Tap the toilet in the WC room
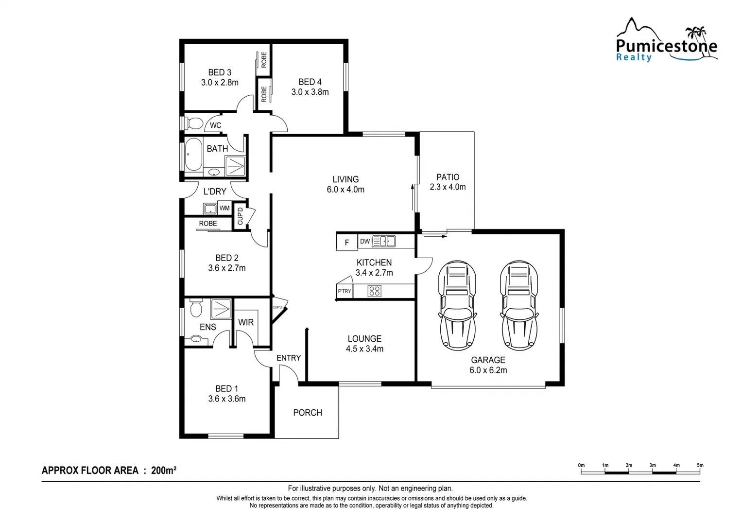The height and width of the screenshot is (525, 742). click(x=193, y=123)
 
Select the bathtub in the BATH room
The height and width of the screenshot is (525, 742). click(x=193, y=155)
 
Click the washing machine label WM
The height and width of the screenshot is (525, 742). click(x=224, y=208)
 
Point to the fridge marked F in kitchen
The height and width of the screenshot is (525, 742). click(x=346, y=242)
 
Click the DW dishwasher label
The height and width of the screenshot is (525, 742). click(x=365, y=241)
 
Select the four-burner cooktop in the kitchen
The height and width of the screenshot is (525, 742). click(x=374, y=291)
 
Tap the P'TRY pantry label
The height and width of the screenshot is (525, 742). click(x=344, y=291)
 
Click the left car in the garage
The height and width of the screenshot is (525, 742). click(x=457, y=305)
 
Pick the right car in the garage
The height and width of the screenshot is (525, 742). click(x=519, y=305)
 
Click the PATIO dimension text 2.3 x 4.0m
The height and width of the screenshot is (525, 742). click(x=448, y=187)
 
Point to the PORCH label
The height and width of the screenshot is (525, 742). click(x=308, y=413)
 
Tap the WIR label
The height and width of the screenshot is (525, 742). click(x=246, y=322)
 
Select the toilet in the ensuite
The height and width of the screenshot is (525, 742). click(x=196, y=308)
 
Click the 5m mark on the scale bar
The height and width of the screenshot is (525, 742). click(x=700, y=466)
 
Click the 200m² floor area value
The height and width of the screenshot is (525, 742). click(x=164, y=470)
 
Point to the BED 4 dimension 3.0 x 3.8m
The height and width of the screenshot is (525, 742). click(x=310, y=92)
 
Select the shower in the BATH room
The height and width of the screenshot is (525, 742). click(x=236, y=166)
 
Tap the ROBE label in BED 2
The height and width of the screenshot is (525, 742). click(x=208, y=224)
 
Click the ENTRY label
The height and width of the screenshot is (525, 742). click(x=289, y=358)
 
